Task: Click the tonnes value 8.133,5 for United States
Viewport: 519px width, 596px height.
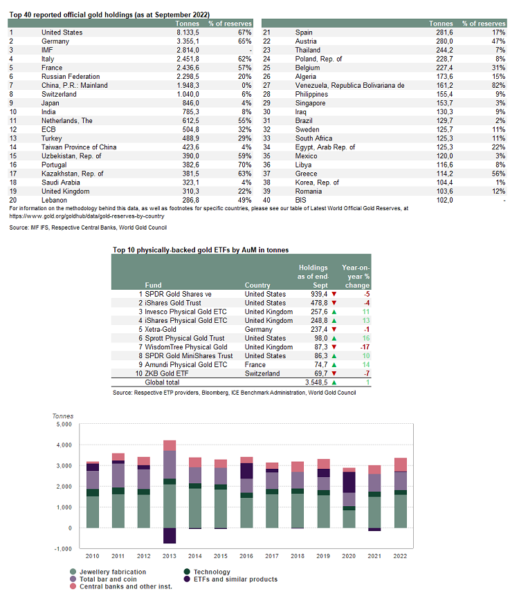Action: point(188,32)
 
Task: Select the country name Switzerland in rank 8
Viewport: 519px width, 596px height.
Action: point(59,94)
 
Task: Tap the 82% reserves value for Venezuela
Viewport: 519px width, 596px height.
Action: point(498,86)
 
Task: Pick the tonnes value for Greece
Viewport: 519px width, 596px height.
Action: point(444,174)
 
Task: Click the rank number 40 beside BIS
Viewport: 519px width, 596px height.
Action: point(266,201)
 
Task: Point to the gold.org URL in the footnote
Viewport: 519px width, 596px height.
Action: point(86,216)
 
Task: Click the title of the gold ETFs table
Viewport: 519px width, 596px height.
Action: point(201,250)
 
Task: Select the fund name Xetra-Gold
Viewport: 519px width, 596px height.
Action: point(160,330)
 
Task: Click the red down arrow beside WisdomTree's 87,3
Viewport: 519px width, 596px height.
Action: point(334,347)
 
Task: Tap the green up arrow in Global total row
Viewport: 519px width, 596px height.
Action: point(334,382)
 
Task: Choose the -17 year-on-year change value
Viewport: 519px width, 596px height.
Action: point(365,347)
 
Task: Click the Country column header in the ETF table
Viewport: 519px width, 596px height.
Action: point(257,285)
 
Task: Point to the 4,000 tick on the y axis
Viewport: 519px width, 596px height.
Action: point(64,445)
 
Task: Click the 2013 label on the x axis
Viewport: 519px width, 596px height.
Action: point(170,556)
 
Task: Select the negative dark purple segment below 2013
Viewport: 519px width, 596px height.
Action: point(170,536)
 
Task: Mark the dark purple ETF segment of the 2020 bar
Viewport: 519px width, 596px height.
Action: point(349,483)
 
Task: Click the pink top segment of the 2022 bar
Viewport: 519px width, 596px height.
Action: point(400,465)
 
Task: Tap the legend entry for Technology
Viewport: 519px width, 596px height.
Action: point(207,572)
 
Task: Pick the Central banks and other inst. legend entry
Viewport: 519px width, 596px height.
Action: point(121,586)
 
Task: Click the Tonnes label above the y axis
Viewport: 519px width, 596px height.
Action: point(63,416)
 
